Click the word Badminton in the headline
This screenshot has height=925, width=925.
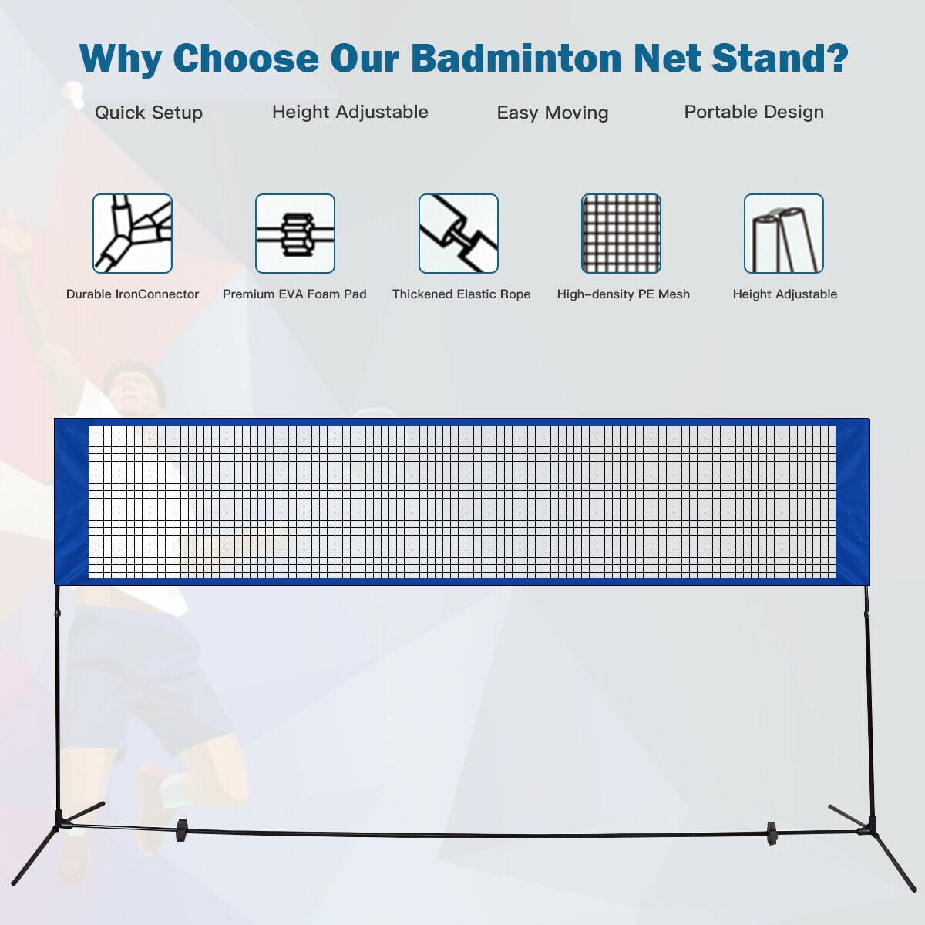(x=516, y=58)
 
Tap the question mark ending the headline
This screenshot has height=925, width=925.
(x=836, y=58)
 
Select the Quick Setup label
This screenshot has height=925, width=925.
(x=149, y=113)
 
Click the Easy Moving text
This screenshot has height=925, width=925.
(x=553, y=113)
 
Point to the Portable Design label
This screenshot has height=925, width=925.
(x=754, y=113)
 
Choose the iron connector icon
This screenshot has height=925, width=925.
(x=133, y=234)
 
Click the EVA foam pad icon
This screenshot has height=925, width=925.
(x=295, y=234)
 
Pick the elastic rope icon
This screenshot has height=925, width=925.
(x=459, y=234)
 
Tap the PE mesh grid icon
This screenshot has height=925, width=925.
(x=621, y=234)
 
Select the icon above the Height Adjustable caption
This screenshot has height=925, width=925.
(x=784, y=234)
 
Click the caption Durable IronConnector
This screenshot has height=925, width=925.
(x=133, y=294)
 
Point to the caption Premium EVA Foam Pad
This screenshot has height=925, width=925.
(x=294, y=294)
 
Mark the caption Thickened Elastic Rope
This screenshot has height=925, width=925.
(x=461, y=294)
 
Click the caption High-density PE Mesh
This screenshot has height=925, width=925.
(x=623, y=294)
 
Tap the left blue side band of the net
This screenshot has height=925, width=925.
(x=72, y=502)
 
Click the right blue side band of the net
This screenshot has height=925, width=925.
(x=853, y=502)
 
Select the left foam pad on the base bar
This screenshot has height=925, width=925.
(x=181, y=830)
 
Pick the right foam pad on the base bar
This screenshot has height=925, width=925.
(x=772, y=834)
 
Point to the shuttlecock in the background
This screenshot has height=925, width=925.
(x=73, y=94)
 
